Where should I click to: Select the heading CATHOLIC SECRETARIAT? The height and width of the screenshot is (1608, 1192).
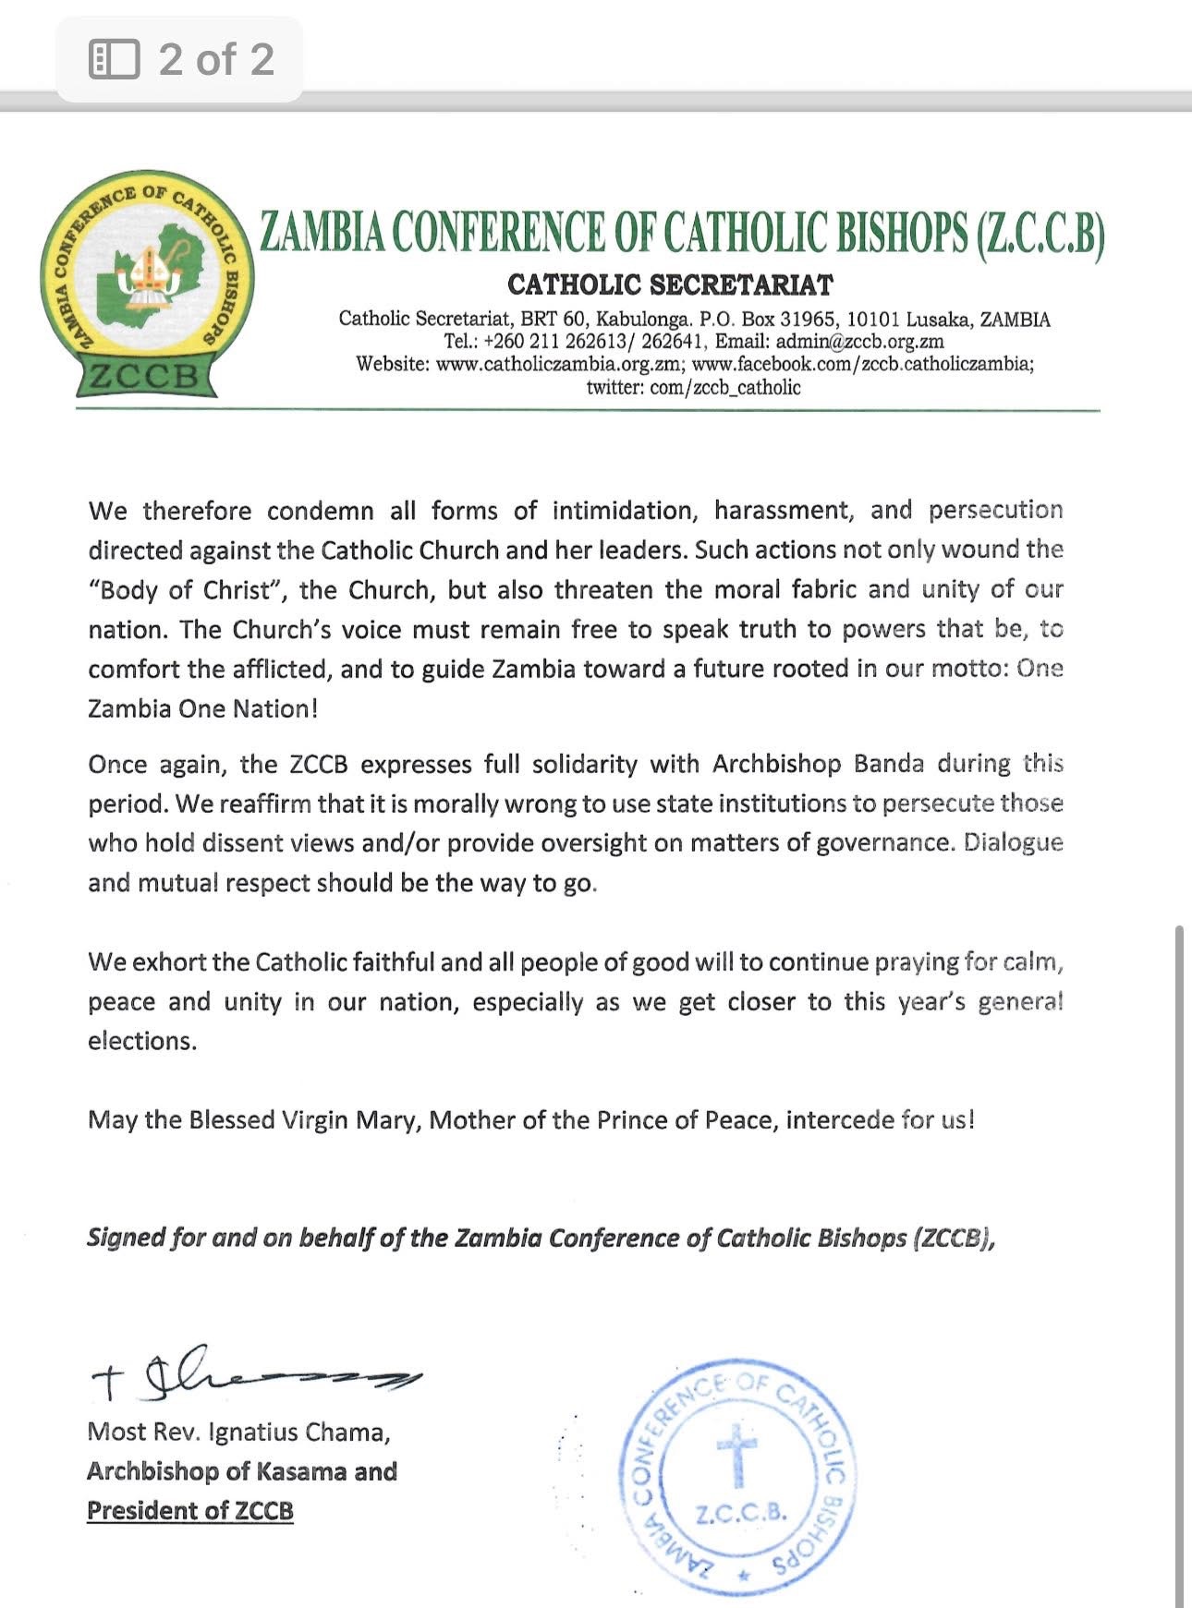pyautogui.click(x=670, y=284)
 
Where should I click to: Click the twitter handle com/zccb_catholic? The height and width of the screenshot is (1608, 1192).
pyautogui.click(x=725, y=387)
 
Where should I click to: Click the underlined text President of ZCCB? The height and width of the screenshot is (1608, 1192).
pyautogui.click(x=189, y=1510)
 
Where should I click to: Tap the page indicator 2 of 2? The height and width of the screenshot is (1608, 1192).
pyautogui.click(x=216, y=59)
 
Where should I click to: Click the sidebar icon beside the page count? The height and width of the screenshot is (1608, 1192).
pyautogui.click(x=114, y=59)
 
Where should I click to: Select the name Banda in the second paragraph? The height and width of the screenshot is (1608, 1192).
pyautogui.click(x=888, y=764)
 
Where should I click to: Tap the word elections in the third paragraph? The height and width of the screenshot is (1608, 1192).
pyautogui.click(x=141, y=1041)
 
